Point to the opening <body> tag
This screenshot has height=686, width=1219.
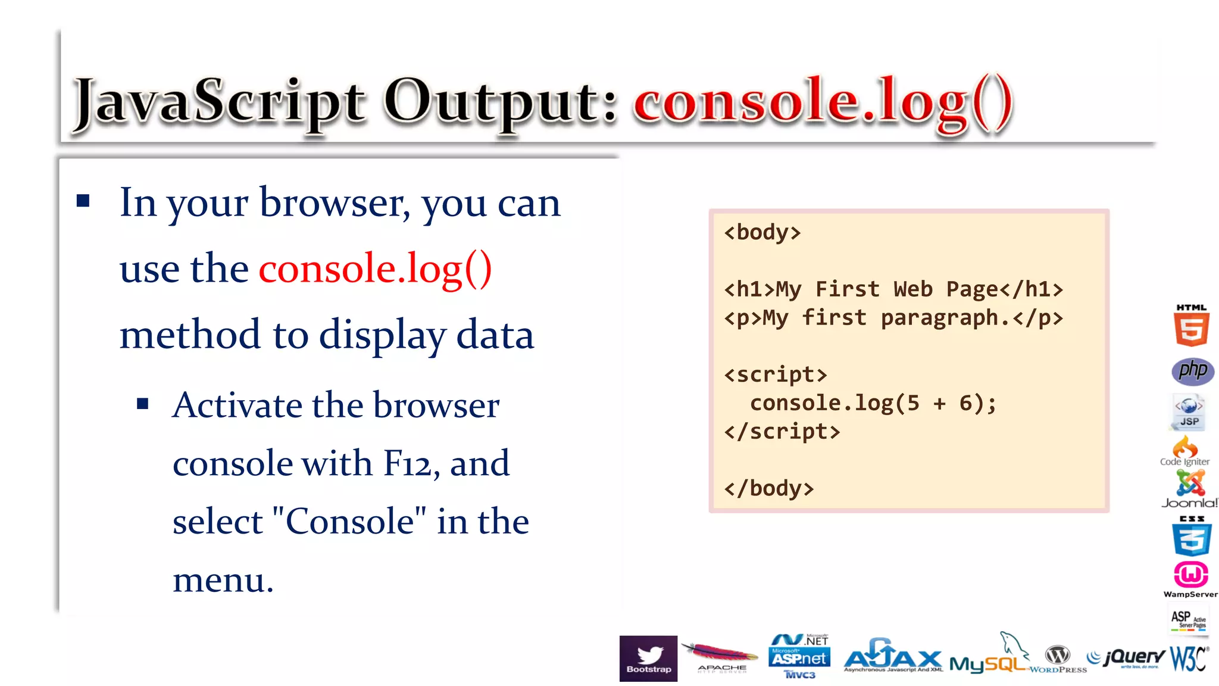(762, 232)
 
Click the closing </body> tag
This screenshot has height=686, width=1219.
(768, 488)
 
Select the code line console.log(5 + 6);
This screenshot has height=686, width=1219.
(873, 403)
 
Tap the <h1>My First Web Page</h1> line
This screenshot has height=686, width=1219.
(893, 289)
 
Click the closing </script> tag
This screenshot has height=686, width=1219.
(782, 432)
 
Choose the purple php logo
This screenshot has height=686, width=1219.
(1192, 371)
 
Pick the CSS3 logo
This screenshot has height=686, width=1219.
(1191, 536)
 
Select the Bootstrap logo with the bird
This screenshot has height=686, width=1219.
(648, 658)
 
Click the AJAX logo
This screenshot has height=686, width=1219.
(893, 657)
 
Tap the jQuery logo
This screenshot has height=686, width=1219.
(1126, 657)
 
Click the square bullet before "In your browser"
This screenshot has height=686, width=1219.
(83, 201)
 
